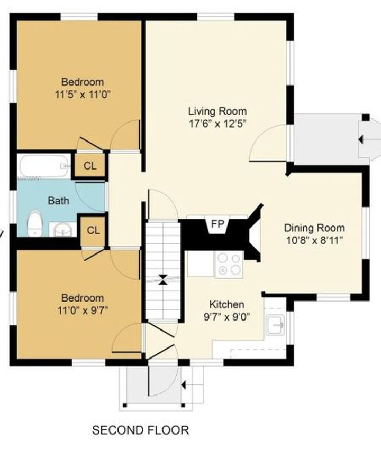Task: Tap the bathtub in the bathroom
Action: tap(44, 166)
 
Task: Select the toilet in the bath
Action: tap(35, 223)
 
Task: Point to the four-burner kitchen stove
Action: tap(229, 263)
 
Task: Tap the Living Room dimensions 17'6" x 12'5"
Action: tap(217, 124)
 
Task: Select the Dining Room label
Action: tap(314, 228)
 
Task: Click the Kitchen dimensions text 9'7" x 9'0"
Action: tap(227, 317)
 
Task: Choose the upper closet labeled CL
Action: tap(90, 166)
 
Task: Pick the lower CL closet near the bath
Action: tap(93, 230)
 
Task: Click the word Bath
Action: tap(58, 201)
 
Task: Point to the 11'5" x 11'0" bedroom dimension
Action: tap(83, 95)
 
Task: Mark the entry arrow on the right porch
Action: tap(364, 139)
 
